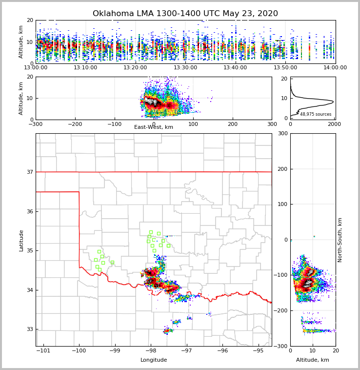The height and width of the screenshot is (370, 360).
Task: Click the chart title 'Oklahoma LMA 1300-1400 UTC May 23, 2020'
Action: click(185, 14)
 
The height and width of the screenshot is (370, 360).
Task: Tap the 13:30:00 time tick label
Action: click(185, 67)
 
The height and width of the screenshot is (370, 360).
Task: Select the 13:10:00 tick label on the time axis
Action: click(85, 67)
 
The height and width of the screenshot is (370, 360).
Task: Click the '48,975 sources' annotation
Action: click(316, 114)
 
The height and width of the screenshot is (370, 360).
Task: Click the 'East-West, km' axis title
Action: click(154, 127)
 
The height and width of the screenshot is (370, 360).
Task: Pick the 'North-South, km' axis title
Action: click(340, 240)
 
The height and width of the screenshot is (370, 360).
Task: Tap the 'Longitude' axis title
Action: click(154, 360)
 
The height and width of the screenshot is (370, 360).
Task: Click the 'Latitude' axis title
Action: click(21, 240)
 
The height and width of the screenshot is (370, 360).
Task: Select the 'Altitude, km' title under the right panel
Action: click(313, 360)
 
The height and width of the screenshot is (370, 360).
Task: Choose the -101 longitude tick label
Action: click(43, 350)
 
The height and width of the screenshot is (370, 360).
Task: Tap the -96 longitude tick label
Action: click(222, 350)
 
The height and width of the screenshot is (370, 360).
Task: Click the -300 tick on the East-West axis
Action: click(36, 123)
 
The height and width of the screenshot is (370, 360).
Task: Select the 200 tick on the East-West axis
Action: click(233, 123)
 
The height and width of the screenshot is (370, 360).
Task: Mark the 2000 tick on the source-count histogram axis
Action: click(334, 123)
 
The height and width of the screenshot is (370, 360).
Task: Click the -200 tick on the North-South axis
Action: click(282, 311)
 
